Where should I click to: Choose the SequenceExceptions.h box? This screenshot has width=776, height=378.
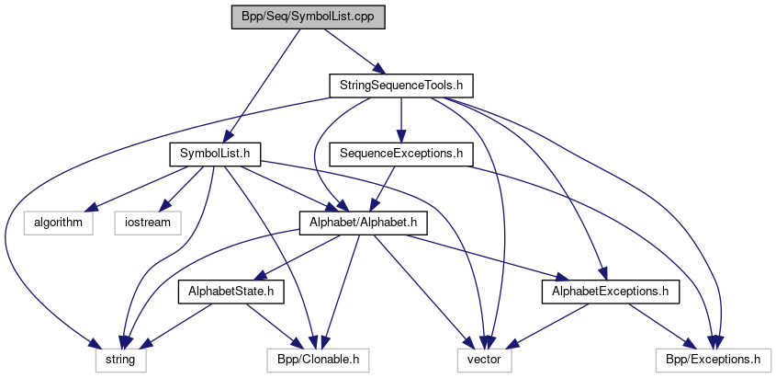(400, 154)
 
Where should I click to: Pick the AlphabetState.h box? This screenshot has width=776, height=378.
(231, 292)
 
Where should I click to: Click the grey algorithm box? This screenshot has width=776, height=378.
(58, 222)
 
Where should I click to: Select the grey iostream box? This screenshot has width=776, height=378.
(147, 222)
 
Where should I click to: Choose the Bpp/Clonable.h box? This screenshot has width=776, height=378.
(316, 359)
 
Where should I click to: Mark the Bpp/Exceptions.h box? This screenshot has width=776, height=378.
(713, 359)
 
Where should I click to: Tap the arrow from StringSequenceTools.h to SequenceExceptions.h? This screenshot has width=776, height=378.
(400, 120)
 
